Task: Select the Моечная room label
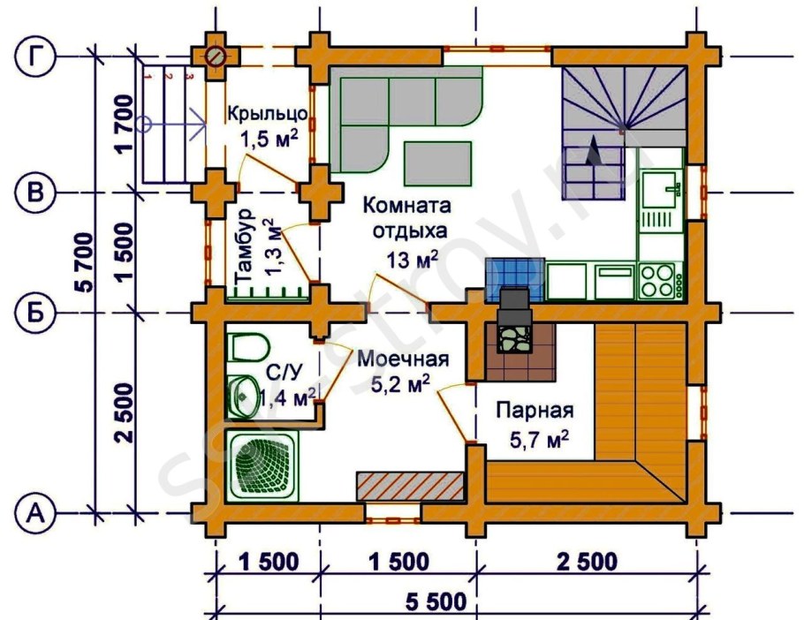403,359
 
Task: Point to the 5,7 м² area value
534,438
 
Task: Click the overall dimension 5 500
436,604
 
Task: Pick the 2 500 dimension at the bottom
586,562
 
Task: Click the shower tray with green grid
262,465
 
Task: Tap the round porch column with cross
216,57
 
